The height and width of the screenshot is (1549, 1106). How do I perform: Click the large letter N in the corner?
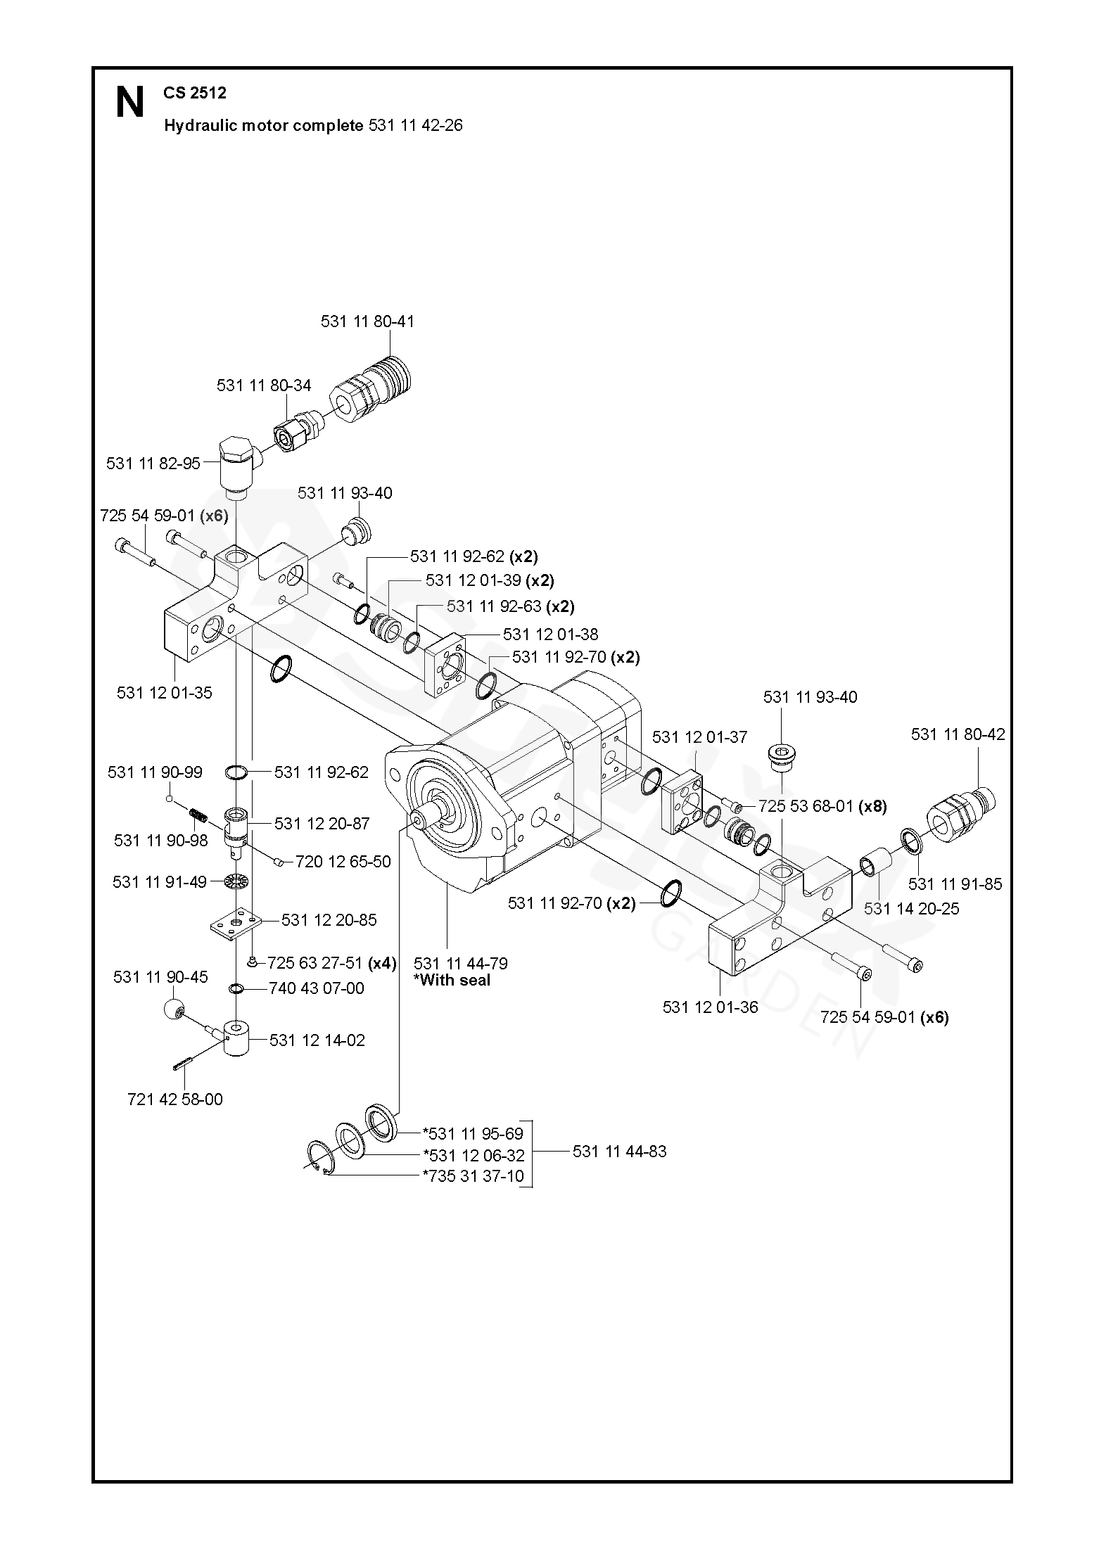[129, 103]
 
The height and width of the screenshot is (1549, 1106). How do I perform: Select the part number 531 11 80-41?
[367, 321]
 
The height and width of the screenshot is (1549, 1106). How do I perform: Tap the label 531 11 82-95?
[153, 464]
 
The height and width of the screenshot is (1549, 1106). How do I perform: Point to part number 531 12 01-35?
[164, 692]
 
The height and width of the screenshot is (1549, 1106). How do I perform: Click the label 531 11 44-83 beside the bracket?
[619, 1152]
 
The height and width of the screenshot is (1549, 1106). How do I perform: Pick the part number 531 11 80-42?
[958, 734]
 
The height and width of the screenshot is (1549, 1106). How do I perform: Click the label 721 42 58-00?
[174, 1099]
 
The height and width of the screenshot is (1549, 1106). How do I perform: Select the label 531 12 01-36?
[710, 1007]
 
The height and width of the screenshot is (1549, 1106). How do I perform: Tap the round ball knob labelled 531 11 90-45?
[174, 1011]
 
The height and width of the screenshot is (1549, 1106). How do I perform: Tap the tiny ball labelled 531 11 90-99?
[170, 798]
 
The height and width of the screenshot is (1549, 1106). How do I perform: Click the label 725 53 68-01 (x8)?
[822, 807]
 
